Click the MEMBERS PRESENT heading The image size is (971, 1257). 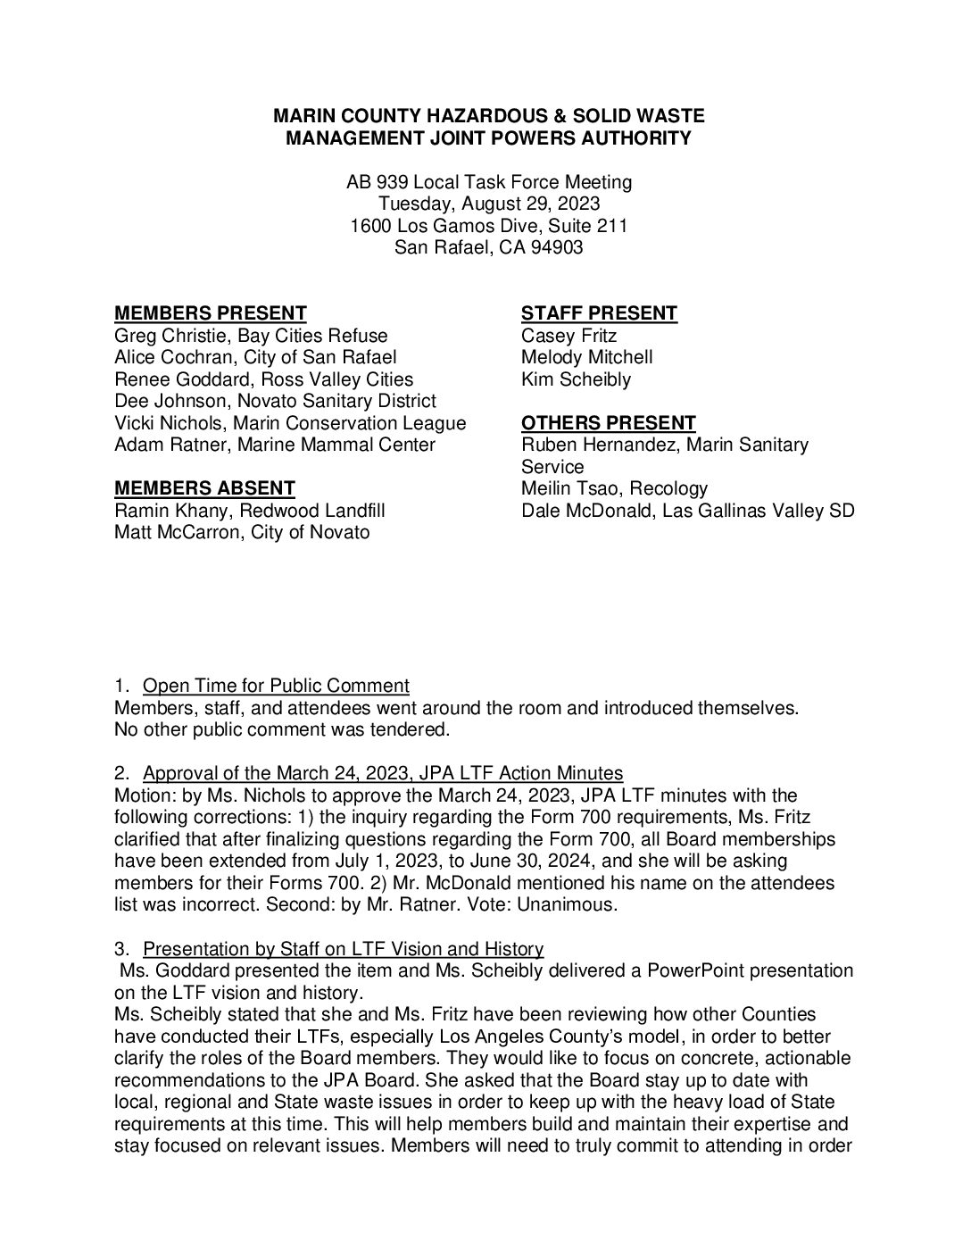[211, 313]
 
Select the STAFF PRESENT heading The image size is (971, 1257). [599, 313]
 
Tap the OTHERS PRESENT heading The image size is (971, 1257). [608, 423]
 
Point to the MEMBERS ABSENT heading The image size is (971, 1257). [204, 488]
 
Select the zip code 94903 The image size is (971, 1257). [556, 247]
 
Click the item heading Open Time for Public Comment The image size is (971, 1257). [276, 686]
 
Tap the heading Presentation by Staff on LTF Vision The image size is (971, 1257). [343, 948]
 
